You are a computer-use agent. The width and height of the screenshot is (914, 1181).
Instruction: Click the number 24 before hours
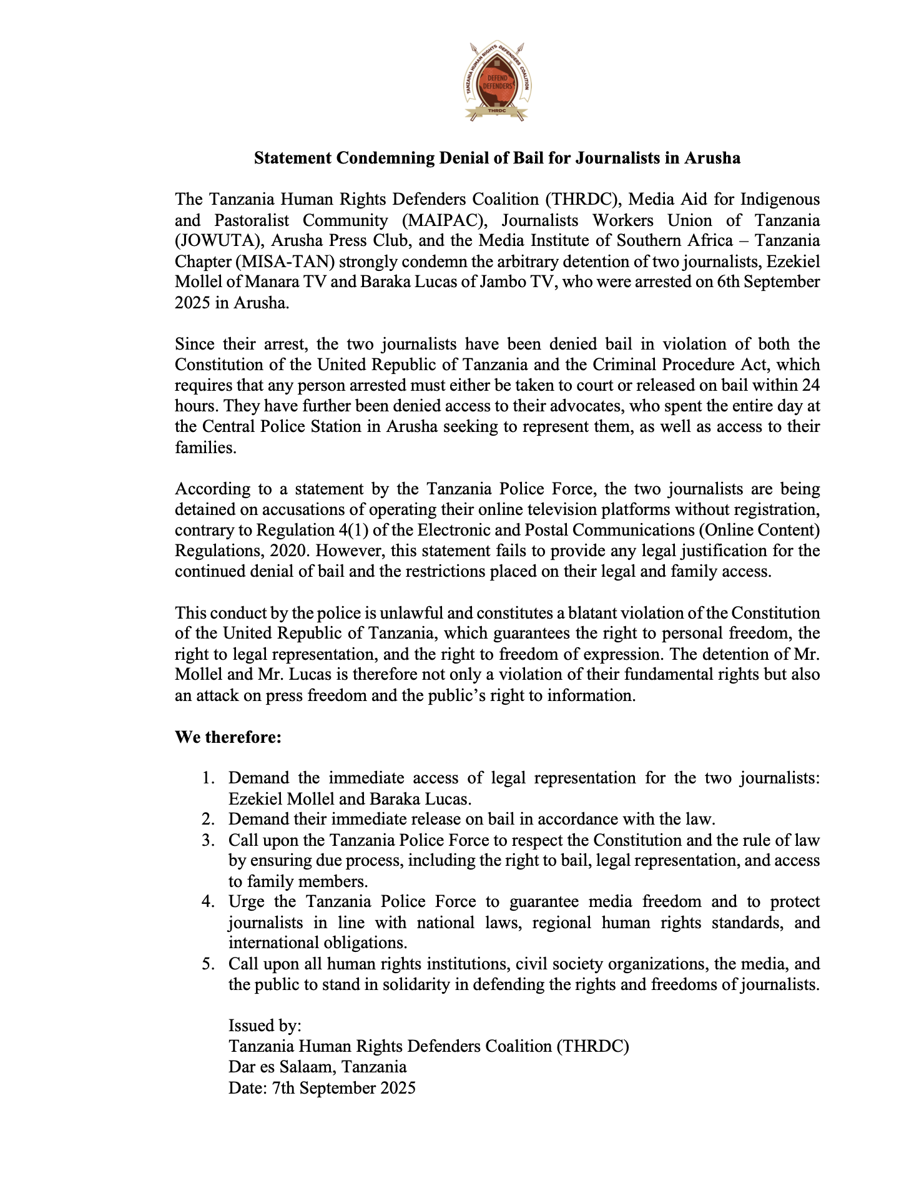810,385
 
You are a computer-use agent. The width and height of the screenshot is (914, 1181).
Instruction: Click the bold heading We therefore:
228,737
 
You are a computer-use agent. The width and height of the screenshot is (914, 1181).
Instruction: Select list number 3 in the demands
208,840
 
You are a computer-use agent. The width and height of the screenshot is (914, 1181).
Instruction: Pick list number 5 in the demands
208,964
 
